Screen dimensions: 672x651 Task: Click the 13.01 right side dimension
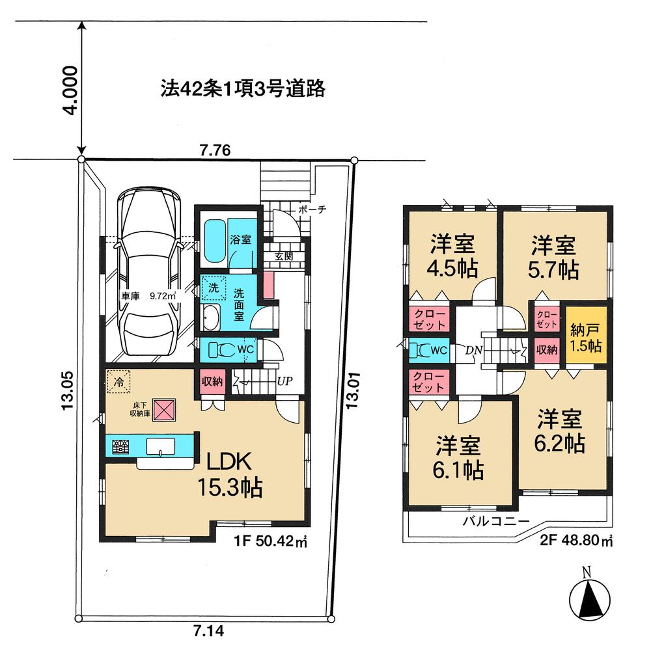[x=352, y=391]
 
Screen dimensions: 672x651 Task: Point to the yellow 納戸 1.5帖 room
[x=585, y=338]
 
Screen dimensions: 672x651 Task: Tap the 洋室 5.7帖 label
[x=553, y=257]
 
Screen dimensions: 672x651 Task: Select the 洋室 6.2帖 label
[x=560, y=430]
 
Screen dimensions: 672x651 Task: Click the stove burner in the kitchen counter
[x=119, y=447]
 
